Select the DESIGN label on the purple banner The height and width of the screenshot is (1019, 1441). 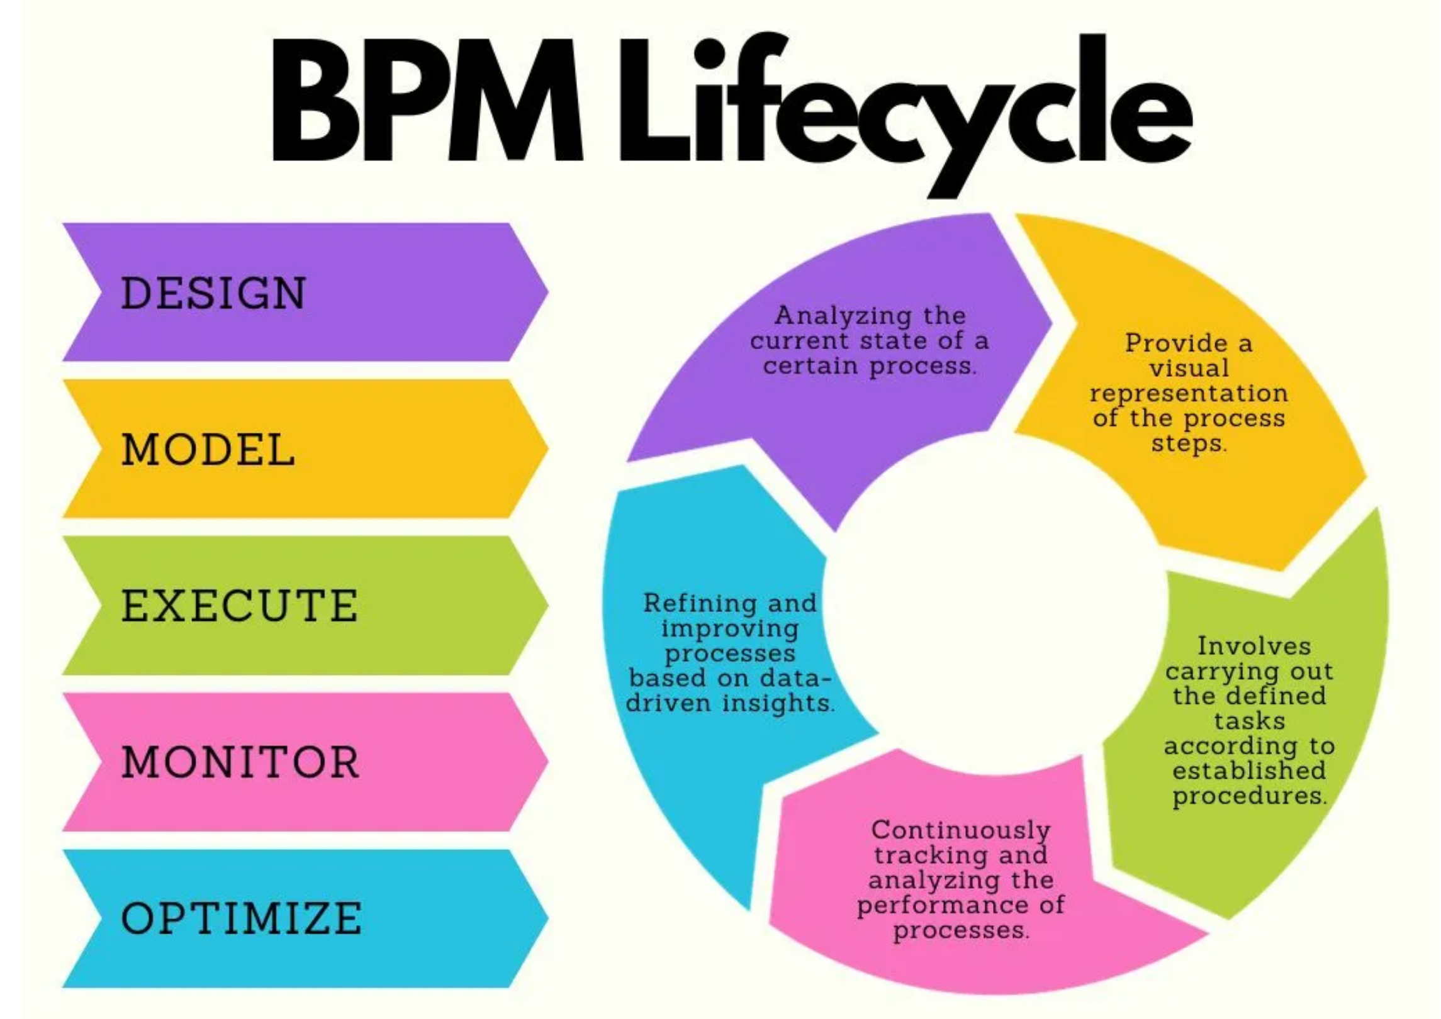[x=213, y=293]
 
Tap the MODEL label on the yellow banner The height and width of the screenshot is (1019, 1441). [x=208, y=450]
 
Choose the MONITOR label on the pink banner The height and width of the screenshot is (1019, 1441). [x=240, y=762]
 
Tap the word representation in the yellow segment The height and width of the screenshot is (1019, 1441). [x=1189, y=393]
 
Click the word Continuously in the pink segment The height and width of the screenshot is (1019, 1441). [x=960, y=830]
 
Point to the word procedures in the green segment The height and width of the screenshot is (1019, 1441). [x=1248, y=796]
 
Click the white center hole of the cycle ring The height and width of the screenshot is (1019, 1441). [x=994, y=604]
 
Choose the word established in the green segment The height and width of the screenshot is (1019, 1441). [x=1248, y=771]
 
